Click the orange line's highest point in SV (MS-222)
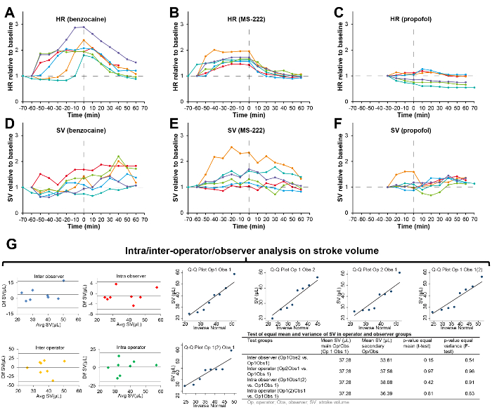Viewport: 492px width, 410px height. (231, 147)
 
